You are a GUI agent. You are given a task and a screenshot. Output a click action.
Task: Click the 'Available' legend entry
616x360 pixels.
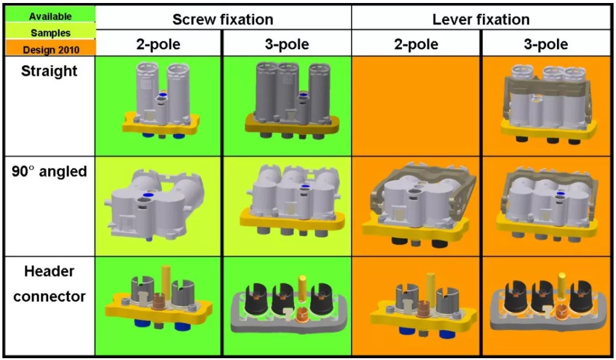click(x=50, y=16)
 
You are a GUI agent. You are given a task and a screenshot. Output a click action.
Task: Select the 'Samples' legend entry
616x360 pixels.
click(x=50, y=33)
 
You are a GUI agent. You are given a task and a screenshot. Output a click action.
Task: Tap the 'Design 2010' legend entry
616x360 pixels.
click(x=50, y=49)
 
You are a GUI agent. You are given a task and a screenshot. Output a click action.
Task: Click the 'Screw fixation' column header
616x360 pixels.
click(x=223, y=19)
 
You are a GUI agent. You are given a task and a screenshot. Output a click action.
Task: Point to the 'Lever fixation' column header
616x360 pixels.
click(x=481, y=19)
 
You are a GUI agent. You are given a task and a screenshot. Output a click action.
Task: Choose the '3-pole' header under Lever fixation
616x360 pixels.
click(x=546, y=45)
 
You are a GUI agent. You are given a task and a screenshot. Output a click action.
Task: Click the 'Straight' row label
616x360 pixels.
click(x=49, y=71)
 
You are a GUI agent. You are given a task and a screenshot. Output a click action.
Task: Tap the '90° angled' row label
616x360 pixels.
click(x=49, y=172)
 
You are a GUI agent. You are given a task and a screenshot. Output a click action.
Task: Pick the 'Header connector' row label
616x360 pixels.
click(x=49, y=284)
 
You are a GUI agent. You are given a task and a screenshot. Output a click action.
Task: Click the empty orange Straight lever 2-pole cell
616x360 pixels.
click(x=416, y=105)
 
